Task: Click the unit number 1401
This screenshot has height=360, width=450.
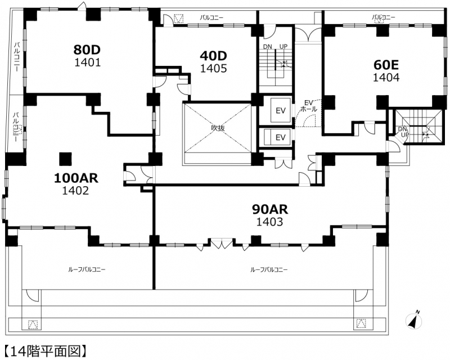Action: pos(88,62)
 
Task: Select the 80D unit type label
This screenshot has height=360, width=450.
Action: pos(87,49)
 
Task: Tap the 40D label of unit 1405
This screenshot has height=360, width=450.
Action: pos(214,56)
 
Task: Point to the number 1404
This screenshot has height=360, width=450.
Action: pos(386,77)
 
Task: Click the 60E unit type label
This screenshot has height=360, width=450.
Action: pos(386,65)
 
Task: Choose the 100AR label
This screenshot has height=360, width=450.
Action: pos(76,178)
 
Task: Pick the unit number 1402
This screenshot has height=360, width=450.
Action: pos(76,190)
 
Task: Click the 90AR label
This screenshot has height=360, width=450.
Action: pos(270,210)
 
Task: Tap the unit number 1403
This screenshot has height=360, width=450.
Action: pos(270,222)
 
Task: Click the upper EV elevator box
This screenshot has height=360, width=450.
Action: pos(280,110)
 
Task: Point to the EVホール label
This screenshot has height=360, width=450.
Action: pos(308,106)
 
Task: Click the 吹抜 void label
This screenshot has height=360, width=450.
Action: pos(218,128)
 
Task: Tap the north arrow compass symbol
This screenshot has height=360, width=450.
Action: pos(414,320)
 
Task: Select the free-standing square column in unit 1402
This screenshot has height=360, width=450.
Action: pos(65,159)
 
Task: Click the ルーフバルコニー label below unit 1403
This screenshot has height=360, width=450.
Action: pos(269,269)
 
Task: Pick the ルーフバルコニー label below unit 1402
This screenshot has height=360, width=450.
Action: pos(87,269)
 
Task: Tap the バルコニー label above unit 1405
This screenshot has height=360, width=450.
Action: pos(211,18)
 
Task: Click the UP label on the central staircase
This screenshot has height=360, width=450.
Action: pos(283,47)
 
